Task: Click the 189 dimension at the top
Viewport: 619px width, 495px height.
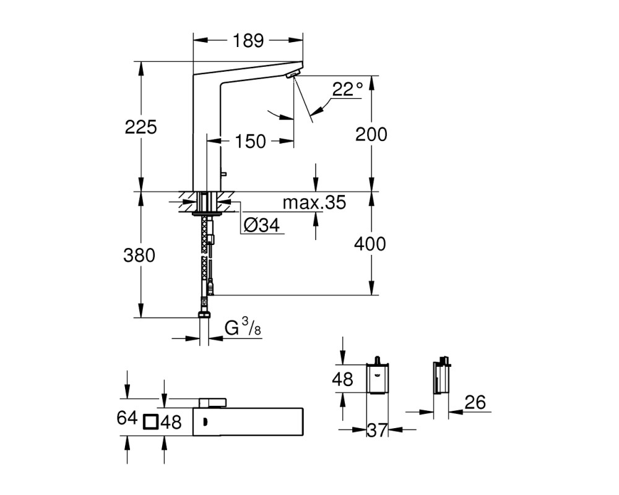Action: (248, 40)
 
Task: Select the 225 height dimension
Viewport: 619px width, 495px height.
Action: (141, 127)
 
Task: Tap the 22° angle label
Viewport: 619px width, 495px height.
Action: (347, 89)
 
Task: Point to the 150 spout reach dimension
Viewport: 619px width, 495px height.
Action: (250, 141)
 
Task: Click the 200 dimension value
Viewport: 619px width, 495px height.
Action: (371, 134)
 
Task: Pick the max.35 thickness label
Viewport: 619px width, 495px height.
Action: (314, 202)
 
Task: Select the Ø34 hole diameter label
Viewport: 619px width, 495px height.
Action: (261, 225)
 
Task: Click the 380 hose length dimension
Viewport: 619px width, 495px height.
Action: (139, 256)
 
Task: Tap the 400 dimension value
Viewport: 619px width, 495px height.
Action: (370, 244)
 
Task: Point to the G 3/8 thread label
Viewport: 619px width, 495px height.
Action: (243, 328)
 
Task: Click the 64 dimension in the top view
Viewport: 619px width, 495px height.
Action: (127, 418)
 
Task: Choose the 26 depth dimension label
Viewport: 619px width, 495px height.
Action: (475, 402)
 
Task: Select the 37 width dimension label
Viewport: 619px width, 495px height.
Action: (377, 430)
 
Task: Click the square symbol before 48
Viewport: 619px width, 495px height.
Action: (151, 422)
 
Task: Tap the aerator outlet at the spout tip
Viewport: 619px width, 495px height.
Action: (293, 74)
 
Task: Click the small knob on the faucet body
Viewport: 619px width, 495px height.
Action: (223, 173)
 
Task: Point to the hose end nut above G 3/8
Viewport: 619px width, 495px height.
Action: (204, 314)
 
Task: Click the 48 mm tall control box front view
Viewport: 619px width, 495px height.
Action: (378, 378)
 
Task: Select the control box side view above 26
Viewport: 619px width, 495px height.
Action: (442, 376)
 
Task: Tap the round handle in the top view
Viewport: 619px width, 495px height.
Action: (213, 403)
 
